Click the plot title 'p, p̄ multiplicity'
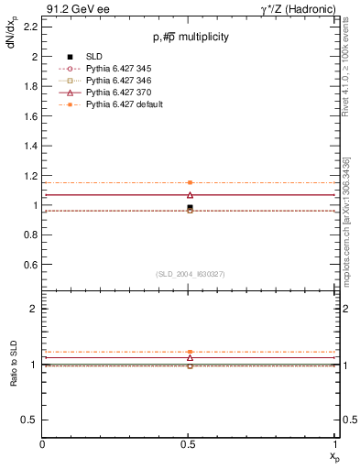[x=191, y=37]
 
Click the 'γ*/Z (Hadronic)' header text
[x=301, y=7]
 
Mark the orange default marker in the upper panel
[x=190, y=183]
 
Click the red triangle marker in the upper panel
[x=190, y=194]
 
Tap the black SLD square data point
[x=190, y=207]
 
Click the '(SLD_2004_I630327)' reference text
[x=190, y=274]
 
